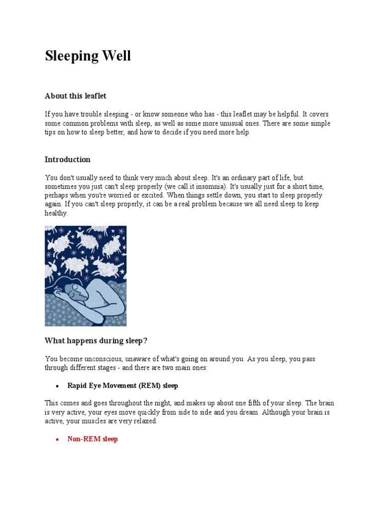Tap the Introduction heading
point(67,160)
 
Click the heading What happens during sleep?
point(96,341)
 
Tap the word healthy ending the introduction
point(56,213)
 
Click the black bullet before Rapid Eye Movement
point(58,386)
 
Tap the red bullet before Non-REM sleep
point(58,440)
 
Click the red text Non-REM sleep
point(92,439)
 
